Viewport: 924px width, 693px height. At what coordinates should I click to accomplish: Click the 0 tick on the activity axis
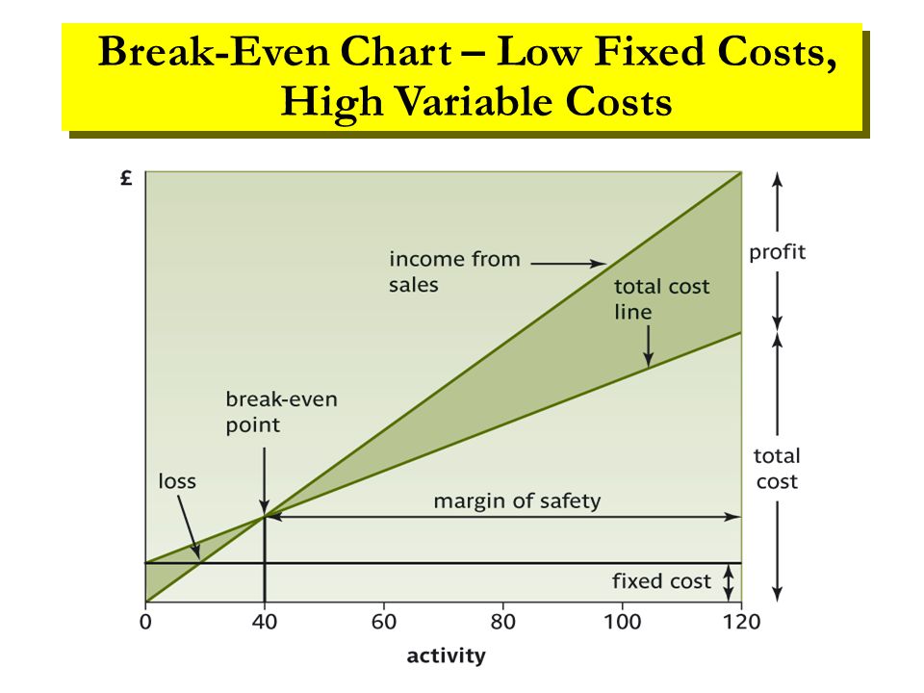point(145,621)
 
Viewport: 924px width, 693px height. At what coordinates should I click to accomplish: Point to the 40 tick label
point(265,621)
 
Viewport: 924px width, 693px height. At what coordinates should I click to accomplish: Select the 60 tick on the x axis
point(384,621)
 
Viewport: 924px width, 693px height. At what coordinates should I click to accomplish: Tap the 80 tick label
point(503,621)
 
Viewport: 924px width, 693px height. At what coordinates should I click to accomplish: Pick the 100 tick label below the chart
point(622,621)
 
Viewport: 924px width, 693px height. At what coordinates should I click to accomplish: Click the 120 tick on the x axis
point(741,621)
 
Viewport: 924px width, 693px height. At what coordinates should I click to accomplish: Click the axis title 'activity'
point(446,656)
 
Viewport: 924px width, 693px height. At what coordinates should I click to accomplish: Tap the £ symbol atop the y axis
point(127,178)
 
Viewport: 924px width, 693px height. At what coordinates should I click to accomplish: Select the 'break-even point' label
point(281,411)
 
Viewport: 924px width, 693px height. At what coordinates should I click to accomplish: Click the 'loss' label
point(176,480)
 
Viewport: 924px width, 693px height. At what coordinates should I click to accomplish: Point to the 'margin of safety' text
point(516,500)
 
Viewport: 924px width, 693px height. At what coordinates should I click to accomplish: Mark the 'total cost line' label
point(662,299)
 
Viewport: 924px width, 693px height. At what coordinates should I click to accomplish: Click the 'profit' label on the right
point(778,253)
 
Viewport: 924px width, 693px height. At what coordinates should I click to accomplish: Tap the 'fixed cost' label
point(661,581)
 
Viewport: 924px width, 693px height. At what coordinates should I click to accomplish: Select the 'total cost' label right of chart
point(777,468)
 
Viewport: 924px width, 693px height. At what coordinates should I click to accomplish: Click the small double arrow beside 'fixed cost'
point(729,581)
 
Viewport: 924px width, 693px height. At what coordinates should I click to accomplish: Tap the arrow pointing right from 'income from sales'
point(568,261)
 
